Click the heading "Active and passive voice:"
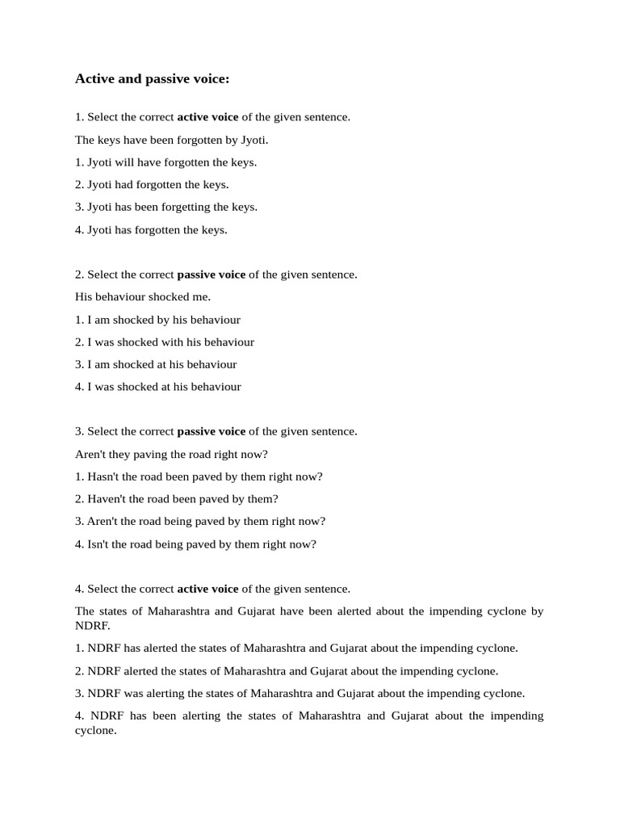(153, 79)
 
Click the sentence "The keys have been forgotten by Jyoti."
(171, 140)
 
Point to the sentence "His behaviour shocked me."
(143, 297)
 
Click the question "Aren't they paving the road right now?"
(171, 455)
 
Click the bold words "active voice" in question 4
(207, 589)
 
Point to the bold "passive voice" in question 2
(211, 275)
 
